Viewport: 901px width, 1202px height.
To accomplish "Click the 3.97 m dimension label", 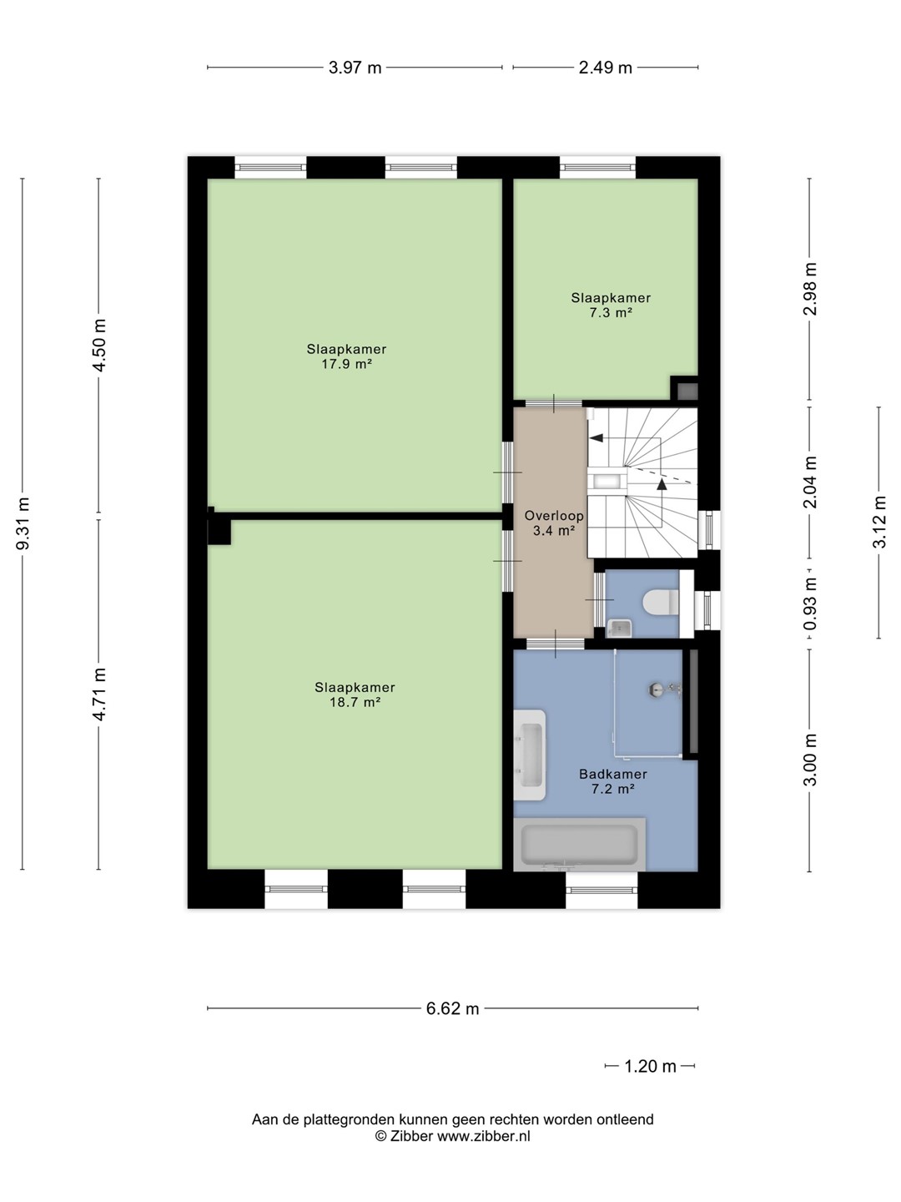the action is tap(355, 68).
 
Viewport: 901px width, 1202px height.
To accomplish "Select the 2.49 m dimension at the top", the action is tap(605, 68).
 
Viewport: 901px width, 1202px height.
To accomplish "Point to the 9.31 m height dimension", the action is tap(23, 523).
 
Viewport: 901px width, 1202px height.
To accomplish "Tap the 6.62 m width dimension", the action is tap(452, 1008).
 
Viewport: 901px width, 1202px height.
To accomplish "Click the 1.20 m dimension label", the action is tap(650, 1066).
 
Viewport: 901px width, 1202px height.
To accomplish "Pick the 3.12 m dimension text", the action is tap(878, 523).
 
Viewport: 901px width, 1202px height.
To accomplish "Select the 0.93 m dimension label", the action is tap(809, 604).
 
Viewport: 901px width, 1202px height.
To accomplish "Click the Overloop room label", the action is tap(554, 515).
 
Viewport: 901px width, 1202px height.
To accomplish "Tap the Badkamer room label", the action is tap(612, 774).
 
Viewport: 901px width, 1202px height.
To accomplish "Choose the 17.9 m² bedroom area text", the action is tap(346, 364).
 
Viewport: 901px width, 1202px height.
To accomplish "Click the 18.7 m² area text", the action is tap(355, 702).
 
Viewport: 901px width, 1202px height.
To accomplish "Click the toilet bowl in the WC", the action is tap(660, 601).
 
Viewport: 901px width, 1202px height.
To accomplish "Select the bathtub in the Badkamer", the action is tap(579, 844).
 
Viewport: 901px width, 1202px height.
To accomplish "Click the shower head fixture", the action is tap(664, 690).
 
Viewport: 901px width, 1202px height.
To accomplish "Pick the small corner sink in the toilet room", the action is tap(619, 628).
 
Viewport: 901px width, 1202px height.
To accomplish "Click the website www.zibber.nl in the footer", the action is tap(484, 1136).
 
